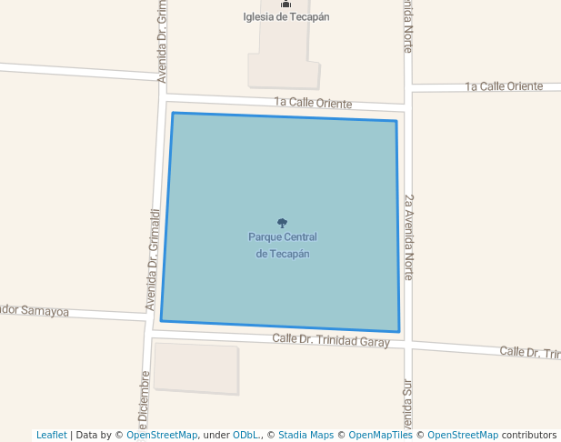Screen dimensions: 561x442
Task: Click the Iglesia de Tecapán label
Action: [x=286, y=17]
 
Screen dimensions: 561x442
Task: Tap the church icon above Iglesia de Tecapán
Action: [x=286, y=5]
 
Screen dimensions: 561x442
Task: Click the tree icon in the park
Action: [x=282, y=223]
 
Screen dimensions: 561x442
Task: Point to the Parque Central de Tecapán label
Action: [x=282, y=246]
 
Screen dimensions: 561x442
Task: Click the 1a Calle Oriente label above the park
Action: [x=313, y=104]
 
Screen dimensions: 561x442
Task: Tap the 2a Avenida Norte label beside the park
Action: [x=409, y=236]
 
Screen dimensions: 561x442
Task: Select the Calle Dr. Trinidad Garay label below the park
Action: [x=331, y=341]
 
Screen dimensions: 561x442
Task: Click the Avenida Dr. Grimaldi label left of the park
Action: [x=153, y=259]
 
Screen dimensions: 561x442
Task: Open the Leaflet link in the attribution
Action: [x=51, y=435]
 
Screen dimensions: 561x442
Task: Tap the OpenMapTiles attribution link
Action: [x=381, y=435]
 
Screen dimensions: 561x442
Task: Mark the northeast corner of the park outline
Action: [x=396, y=120]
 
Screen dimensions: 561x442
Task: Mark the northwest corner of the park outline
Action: [x=173, y=113]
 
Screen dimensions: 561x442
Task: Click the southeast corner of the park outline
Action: [x=399, y=332]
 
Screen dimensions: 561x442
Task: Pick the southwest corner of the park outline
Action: [x=161, y=321]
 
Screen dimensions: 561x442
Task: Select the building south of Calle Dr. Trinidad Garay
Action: [x=196, y=367]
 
